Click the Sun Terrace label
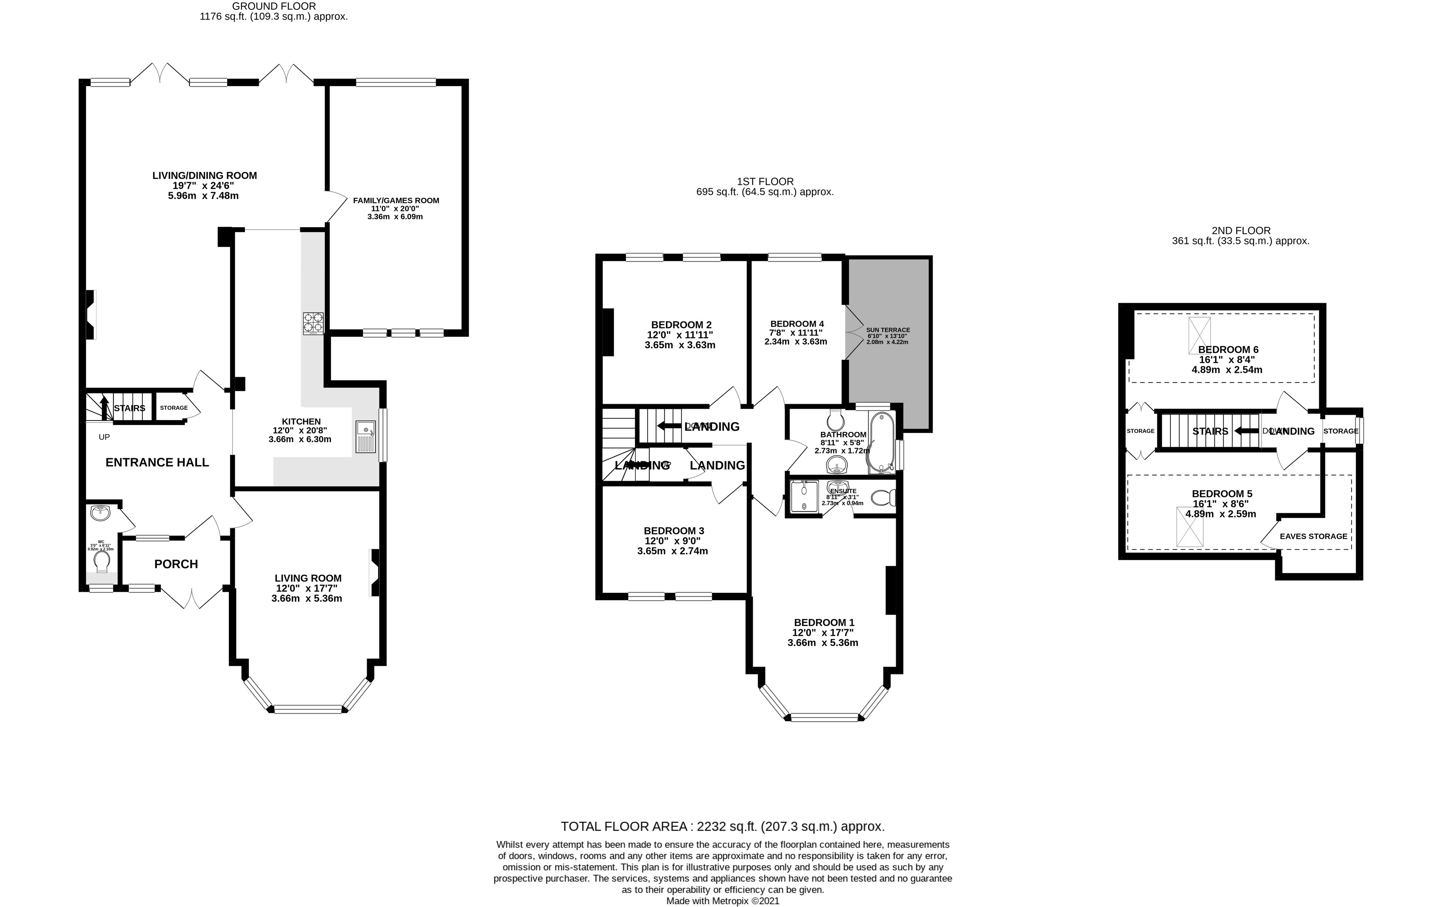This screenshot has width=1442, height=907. tap(888, 330)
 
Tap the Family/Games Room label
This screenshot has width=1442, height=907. tap(396, 201)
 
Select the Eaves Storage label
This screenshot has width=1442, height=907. tap(1313, 536)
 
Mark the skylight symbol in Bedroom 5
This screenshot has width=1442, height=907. tap(1189, 527)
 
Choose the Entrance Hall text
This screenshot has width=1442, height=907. tap(157, 462)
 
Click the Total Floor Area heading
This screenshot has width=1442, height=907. tap(722, 827)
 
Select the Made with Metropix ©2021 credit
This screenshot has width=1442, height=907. tap(722, 900)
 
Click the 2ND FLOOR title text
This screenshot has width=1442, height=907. tap(1240, 231)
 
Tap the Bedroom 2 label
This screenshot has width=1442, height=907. tap(681, 325)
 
